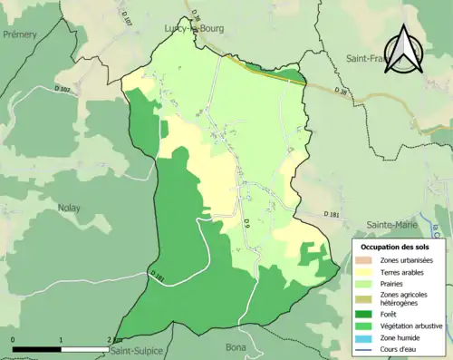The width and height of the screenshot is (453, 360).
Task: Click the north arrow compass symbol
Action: (x=405, y=53)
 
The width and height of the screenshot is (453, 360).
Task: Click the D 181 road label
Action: (x=329, y=215)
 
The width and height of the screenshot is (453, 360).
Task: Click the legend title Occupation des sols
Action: (x=395, y=247)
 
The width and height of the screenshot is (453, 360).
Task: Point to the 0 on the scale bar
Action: (x=14, y=338)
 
